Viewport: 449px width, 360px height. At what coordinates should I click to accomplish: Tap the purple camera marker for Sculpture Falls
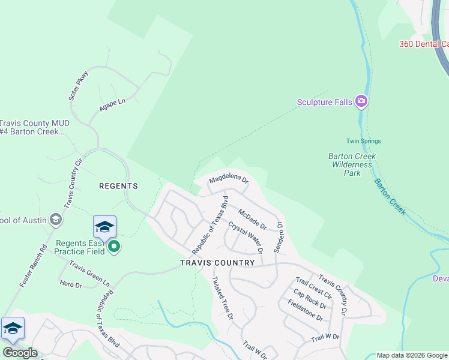(361, 101)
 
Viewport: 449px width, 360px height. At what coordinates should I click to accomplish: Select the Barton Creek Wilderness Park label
(352, 164)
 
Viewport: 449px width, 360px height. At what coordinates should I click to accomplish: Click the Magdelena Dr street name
(228, 179)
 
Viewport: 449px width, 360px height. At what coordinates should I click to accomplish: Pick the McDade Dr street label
(252, 218)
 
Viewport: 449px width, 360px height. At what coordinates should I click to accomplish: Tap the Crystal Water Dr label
(245, 238)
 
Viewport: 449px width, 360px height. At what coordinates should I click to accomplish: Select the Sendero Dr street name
(278, 237)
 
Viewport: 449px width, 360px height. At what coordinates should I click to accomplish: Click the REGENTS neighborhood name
(118, 186)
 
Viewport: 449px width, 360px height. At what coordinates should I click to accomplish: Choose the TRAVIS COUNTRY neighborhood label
(218, 263)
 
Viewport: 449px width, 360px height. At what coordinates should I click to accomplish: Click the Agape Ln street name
(112, 106)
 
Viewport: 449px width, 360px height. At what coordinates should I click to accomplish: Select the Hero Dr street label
(70, 284)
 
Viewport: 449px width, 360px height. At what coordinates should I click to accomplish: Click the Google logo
(20, 353)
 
